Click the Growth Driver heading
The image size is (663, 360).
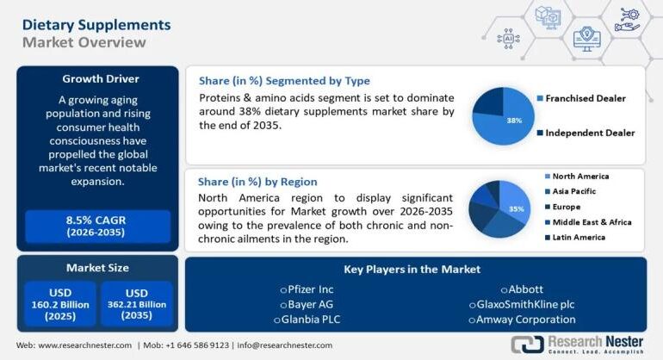click(100, 79)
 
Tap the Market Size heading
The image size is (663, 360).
click(97, 267)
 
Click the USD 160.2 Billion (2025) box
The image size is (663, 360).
click(60, 304)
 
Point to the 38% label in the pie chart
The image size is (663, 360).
click(514, 121)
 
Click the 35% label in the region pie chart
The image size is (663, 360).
click(516, 208)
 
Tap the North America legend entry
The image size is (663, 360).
click(580, 177)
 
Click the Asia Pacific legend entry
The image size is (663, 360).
click(573, 191)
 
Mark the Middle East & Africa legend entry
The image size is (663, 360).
click(592, 222)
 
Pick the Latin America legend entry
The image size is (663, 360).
click(579, 237)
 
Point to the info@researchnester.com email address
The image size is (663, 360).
click(285, 345)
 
